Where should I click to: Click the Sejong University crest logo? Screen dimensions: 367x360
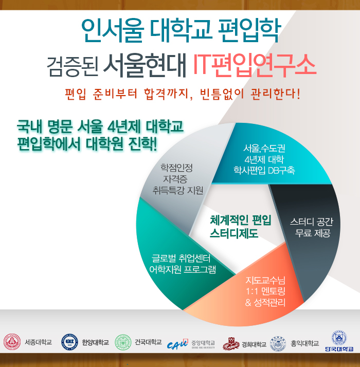12,342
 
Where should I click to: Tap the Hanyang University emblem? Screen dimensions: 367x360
69,342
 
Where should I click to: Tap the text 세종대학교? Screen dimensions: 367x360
39,343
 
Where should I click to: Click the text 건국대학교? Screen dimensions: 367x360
148,342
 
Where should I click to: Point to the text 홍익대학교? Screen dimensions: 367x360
305,343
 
